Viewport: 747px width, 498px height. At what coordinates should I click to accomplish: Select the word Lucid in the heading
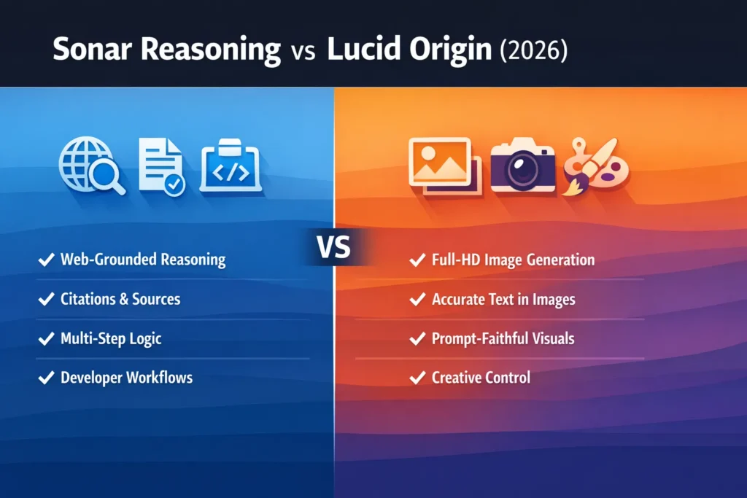point(365,51)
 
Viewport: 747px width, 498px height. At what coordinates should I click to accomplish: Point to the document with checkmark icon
point(162,166)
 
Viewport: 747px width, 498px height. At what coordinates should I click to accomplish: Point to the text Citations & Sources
point(120,299)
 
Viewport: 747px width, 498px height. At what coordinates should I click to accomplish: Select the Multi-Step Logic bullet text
point(111,338)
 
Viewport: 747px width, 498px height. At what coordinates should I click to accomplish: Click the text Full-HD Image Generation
point(513,260)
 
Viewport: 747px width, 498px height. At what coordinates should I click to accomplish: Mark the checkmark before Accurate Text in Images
point(417,299)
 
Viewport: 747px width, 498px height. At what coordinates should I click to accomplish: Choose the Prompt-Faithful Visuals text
point(503,338)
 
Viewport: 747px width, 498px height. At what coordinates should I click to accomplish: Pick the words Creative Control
point(481,378)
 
